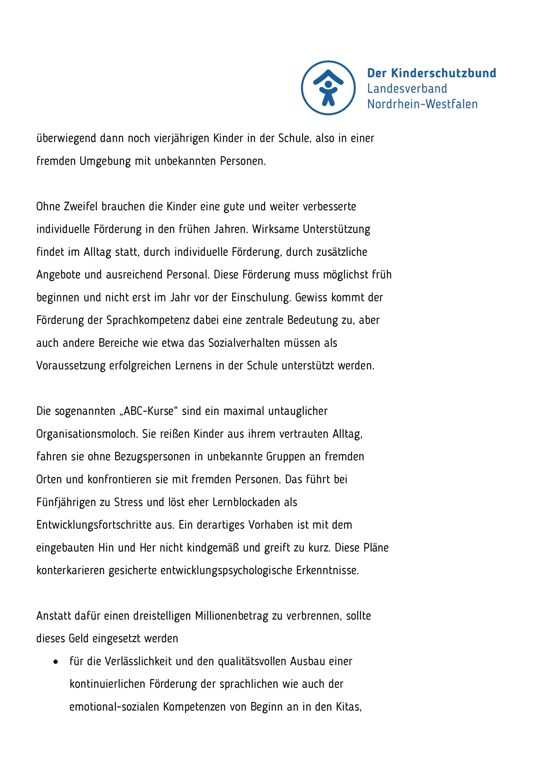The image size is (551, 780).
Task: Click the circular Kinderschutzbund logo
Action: click(328, 88)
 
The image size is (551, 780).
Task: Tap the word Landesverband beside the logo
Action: click(407, 89)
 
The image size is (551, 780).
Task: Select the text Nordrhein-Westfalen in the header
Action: click(422, 104)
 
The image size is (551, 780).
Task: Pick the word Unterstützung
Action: click(336, 229)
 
